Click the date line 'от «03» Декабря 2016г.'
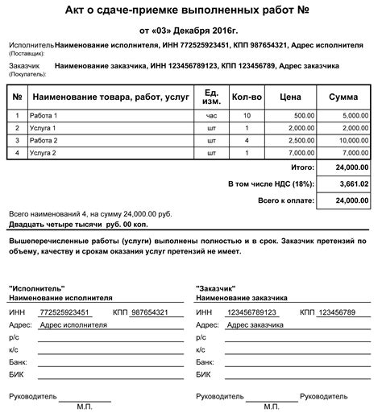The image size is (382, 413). pos(191,28)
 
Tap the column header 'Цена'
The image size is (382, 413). pos(292,97)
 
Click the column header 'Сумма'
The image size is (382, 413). pos(344,97)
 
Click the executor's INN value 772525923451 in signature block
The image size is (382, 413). pos(65,312)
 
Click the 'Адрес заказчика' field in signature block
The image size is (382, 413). pos(255,325)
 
